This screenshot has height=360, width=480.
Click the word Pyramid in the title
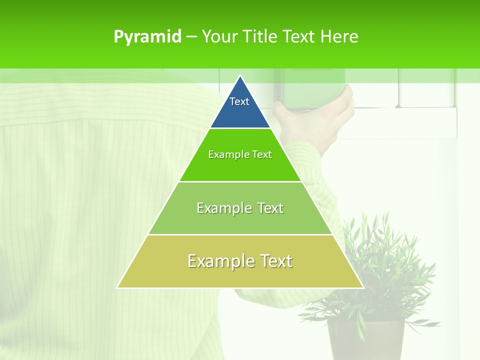pos(147,37)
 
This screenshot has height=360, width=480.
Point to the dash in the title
pos(191,37)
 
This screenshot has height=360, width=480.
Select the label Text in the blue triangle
pos(239,101)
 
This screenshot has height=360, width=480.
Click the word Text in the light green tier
pos(270,208)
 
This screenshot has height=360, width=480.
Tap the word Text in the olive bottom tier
pos(275,261)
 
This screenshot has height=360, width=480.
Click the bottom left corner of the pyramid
pos(118,287)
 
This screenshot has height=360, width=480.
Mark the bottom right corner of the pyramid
pos(362,287)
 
